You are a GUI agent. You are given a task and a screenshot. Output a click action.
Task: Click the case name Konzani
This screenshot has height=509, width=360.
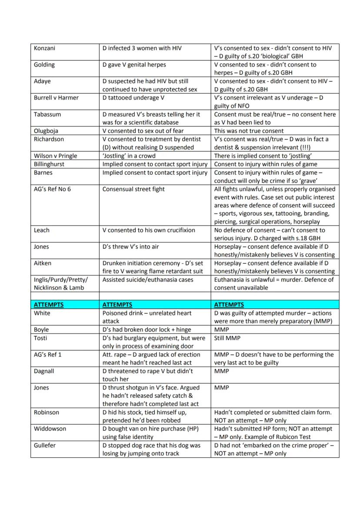pos(45,48)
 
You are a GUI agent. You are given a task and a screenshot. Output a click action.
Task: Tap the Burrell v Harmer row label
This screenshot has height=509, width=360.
pos(56,98)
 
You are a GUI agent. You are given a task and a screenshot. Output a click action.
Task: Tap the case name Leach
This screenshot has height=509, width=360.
pos(42,230)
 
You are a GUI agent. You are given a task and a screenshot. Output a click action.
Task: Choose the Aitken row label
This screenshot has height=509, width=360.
pos(43,263)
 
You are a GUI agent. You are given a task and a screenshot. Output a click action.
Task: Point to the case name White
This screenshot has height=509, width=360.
pos(42,313)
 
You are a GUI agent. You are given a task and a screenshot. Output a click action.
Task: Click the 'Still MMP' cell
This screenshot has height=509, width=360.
pos(227,338)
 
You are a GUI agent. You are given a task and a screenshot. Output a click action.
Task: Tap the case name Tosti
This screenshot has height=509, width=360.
pos(41,338)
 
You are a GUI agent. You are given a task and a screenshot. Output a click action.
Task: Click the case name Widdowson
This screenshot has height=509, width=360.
pos(50,429)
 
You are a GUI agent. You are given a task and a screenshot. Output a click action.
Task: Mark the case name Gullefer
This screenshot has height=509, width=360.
pos(45,446)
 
